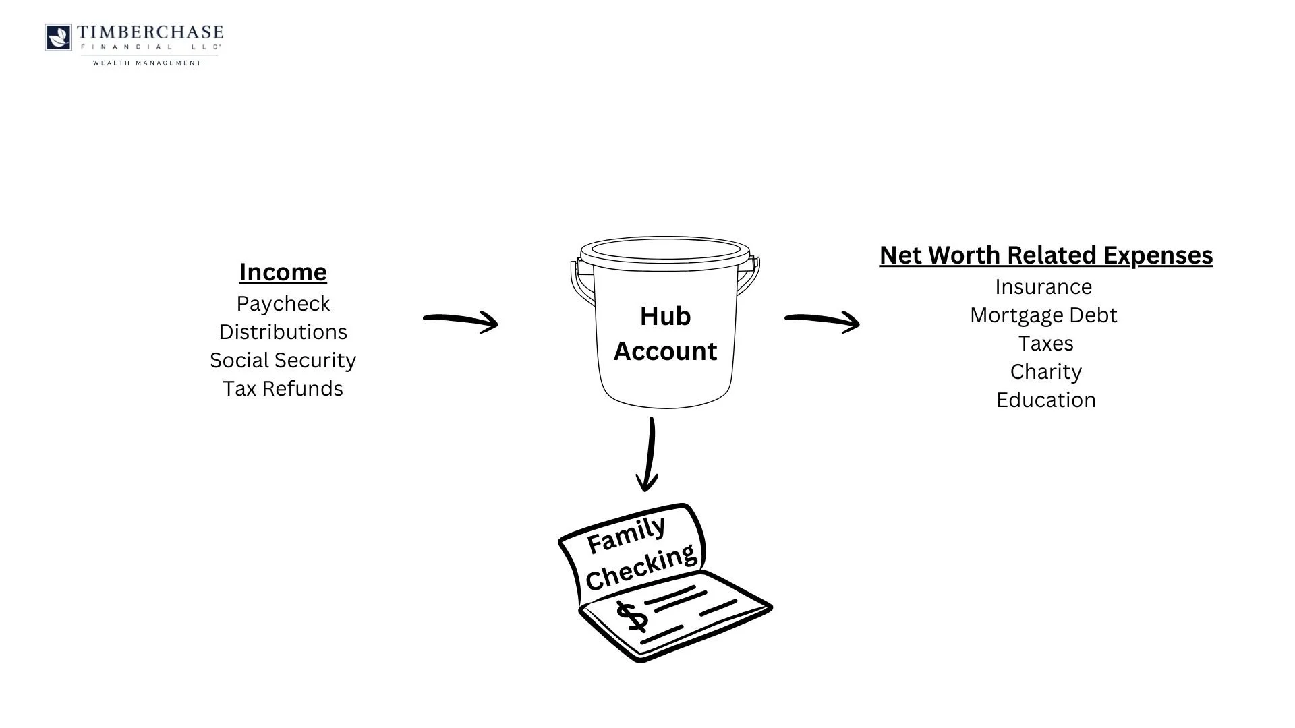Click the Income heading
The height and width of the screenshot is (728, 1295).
(283, 272)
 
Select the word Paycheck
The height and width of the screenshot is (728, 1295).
(283, 304)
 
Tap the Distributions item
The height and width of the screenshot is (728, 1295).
(283, 332)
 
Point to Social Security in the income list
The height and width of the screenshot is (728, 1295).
(283, 361)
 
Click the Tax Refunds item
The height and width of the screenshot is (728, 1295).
(283, 389)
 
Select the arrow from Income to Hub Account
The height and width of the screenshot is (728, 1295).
(461, 320)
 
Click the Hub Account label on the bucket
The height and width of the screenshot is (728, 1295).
(665, 334)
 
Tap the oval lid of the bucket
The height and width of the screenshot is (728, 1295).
(665, 249)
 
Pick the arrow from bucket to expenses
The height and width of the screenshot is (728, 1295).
(822, 320)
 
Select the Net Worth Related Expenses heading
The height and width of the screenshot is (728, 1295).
(1046, 255)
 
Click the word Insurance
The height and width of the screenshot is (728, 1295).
(1043, 287)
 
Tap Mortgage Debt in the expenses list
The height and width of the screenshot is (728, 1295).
(1043, 315)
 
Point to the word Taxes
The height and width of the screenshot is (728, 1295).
(1045, 344)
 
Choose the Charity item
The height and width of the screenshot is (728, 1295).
(1045, 372)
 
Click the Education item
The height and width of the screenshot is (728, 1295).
(1045, 400)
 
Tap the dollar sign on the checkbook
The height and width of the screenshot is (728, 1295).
(632, 616)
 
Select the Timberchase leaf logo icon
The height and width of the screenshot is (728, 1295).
(58, 37)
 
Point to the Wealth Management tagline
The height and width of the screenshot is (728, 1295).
(147, 63)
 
